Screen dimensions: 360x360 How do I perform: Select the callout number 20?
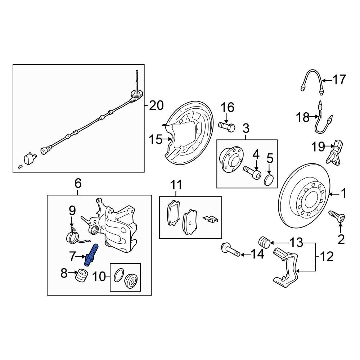click(x=156, y=105)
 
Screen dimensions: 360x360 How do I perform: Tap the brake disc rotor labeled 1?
click(x=305, y=196)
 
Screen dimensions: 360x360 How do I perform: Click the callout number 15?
click(x=156, y=139)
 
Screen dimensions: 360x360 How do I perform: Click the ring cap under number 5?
click(x=269, y=180)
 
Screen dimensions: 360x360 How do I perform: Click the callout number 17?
click(x=338, y=80)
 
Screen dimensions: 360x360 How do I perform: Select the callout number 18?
click(x=303, y=117)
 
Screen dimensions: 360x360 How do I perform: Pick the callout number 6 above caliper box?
click(x=78, y=184)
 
